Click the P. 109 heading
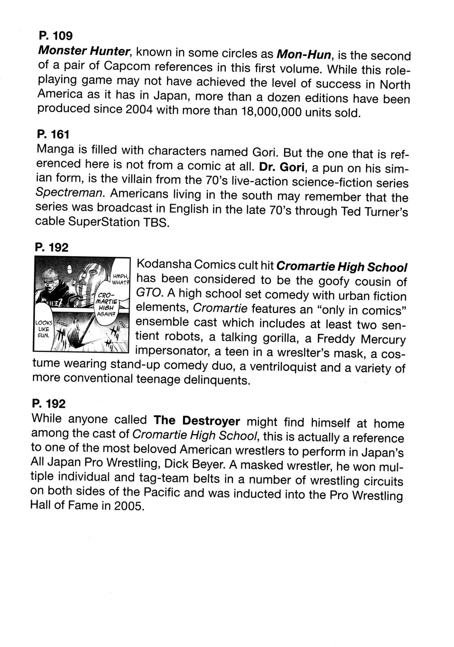[x=55, y=36]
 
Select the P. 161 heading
[x=53, y=134]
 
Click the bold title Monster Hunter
[x=84, y=51]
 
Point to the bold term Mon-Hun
[x=303, y=54]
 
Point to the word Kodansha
[x=164, y=265]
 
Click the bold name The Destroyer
[x=197, y=421]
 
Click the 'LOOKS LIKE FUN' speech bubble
[x=43, y=329]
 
